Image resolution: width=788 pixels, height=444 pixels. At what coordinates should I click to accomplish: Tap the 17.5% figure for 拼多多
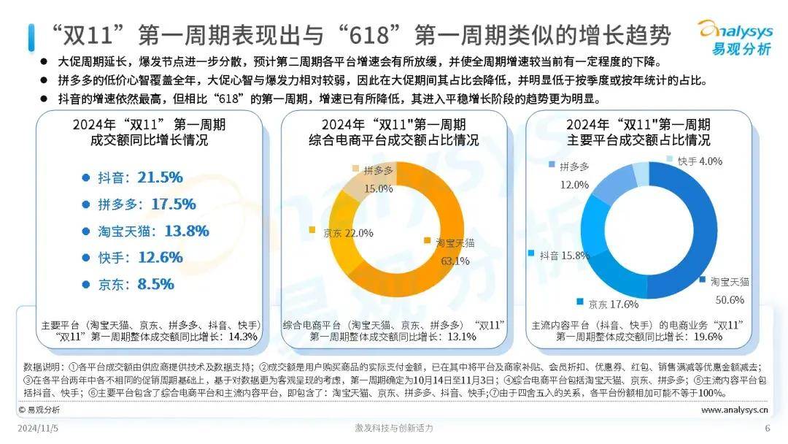(x=169, y=204)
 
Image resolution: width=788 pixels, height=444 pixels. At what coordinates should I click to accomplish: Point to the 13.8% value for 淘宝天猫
(x=186, y=231)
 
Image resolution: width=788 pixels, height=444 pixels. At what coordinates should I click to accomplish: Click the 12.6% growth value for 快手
(x=158, y=257)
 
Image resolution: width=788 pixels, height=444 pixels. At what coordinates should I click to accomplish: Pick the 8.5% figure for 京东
(x=155, y=283)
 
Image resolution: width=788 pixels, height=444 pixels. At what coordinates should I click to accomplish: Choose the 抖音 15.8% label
(x=564, y=256)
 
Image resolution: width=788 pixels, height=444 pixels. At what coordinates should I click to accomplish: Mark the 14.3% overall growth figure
(x=244, y=337)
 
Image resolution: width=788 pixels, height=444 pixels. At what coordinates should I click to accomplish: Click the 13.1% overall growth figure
(x=461, y=337)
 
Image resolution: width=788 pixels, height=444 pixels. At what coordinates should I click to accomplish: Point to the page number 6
(x=767, y=428)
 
